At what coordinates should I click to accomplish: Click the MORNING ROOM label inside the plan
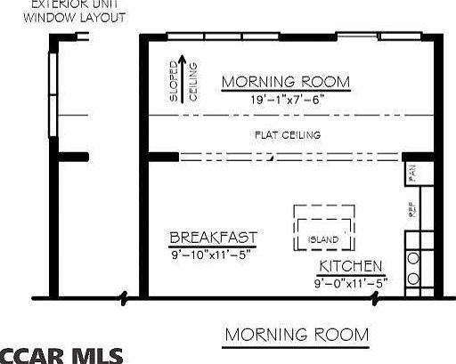pyautogui.click(x=285, y=83)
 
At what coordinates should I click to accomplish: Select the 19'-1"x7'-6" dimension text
pyautogui.click(x=285, y=100)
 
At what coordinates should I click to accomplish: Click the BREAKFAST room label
pyautogui.click(x=213, y=238)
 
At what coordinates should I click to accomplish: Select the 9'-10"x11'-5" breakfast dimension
pyautogui.click(x=213, y=254)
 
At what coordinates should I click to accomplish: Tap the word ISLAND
pyautogui.click(x=323, y=240)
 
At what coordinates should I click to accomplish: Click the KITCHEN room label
pyautogui.click(x=352, y=267)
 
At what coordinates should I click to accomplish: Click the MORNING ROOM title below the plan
pyautogui.click(x=296, y=335)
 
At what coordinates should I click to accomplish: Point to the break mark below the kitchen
pyautogui.click(x=376, y=299)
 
